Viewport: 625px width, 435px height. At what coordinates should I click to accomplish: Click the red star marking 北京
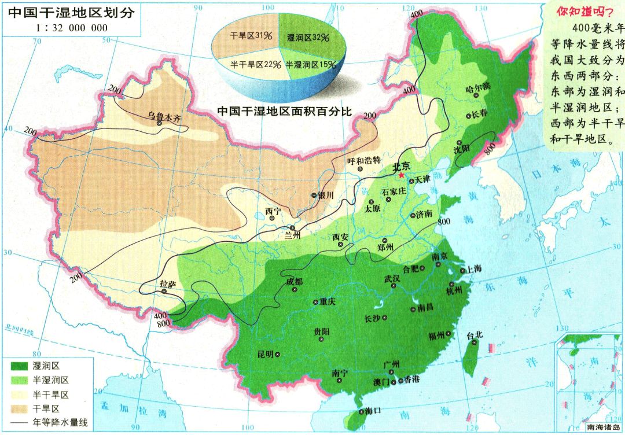tap(402, 175)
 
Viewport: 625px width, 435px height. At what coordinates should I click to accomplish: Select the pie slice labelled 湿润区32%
tap(307, 35)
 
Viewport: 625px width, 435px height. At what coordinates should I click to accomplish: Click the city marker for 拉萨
tap(165, 292)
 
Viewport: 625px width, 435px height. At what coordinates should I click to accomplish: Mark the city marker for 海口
tap(361, 411)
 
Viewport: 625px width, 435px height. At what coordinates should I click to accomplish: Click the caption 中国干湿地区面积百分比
tap(285, 111)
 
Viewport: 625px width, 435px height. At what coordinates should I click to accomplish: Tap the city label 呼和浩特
tap(363, 160)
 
